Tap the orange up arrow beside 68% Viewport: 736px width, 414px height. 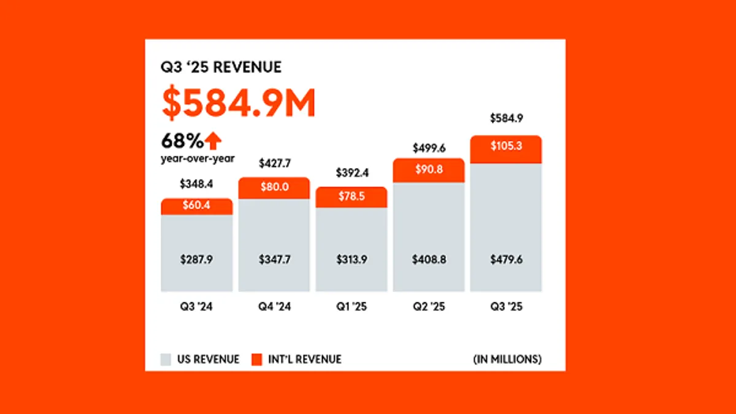213,142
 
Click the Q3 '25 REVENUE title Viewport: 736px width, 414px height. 221,67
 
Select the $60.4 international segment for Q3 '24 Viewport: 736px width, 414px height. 197,207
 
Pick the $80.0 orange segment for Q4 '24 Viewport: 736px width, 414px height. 274,188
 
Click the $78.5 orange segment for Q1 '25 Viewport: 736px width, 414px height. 351,197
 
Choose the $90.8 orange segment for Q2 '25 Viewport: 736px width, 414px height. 429,171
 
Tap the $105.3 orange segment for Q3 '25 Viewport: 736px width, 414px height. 506,149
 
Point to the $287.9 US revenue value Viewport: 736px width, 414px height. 197,259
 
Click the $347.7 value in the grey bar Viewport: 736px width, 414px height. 274,259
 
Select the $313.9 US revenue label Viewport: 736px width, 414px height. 351,259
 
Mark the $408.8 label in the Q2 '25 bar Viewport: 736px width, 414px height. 429,259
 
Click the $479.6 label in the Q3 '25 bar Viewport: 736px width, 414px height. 506,259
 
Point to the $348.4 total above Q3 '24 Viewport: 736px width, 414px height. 197,183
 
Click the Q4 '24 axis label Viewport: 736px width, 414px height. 274,307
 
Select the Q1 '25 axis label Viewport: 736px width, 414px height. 351,307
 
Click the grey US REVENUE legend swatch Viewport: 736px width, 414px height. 166,359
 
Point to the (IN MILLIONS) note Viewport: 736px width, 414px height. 507,359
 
